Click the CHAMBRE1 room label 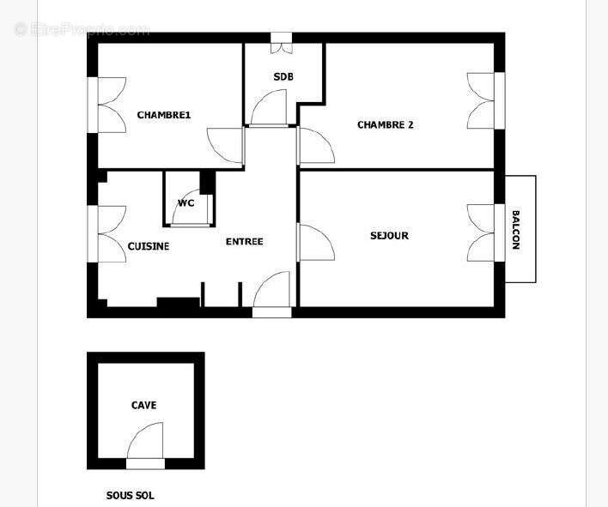tap(163, 116)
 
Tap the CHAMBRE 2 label tap(385, 125)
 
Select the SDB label tap(283, 77)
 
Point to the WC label tap(185, 203)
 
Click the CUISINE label tap(149, 246)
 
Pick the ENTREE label tap(244, 242)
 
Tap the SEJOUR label tap(389, 236)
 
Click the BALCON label tap(516, 229)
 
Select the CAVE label tap(143, 405)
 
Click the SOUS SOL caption tap(130, 496)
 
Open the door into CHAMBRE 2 tap(315, 146)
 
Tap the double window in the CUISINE tap(107, 234)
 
